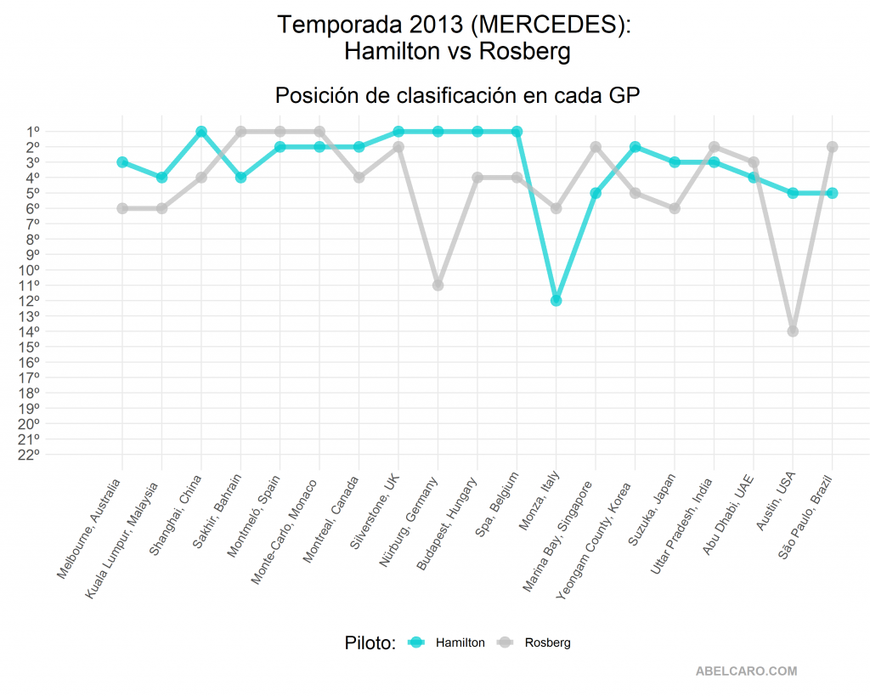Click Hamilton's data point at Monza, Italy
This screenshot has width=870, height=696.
[556, 300]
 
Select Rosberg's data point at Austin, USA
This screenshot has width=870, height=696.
[793, 331]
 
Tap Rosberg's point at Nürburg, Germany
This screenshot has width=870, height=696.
[438, 285]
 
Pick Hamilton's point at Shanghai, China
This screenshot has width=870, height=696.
[201, 132]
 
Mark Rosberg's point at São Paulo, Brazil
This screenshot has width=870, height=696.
[832, 147]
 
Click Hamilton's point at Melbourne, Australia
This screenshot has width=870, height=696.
[122, 162]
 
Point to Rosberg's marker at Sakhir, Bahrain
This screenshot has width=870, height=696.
[240, 132]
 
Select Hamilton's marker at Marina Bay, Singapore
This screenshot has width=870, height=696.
[596, 193]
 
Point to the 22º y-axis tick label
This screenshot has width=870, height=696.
[29, 454]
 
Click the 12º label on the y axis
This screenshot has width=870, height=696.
[29, 300]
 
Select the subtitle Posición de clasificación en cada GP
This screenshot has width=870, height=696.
[457, 96]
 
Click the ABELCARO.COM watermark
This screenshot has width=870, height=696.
[746, 671]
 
